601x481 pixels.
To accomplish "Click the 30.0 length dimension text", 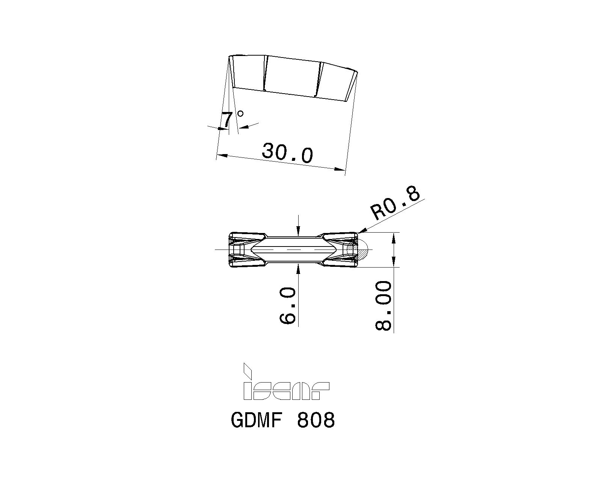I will pyautogui.click(x=287, y=153).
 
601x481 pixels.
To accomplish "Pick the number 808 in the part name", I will pyautogui.click(x=316, y=420).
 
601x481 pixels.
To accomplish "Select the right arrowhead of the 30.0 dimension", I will pyautogui.click(x=340, y=170).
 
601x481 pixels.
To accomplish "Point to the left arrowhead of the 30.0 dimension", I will pyautogui.click(x=222, y=154).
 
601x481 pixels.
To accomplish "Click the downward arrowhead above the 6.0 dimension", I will pyautogui.click(x=298, y=233).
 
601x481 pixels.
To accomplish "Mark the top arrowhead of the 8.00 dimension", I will pyautogui.click(x=393, y=237).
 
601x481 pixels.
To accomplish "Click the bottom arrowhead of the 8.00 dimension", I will pyautogui.click(x=393, y=263).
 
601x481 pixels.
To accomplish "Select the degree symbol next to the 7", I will pyautogui.click(x=240, y=113).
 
